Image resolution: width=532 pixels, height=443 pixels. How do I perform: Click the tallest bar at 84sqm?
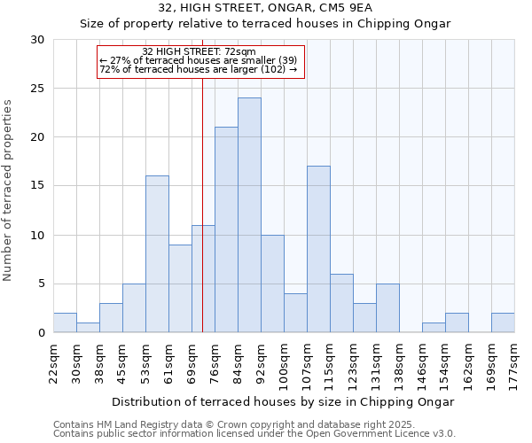click(x=249, y=215)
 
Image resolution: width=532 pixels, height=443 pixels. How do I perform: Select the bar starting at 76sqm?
click(x=226, y=229)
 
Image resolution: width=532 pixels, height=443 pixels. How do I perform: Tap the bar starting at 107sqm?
click(x=318, y=249)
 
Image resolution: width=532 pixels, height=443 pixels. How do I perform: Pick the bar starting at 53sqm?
click(x=157, y=254)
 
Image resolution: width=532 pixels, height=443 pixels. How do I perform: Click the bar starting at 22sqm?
click(x=65, y=323)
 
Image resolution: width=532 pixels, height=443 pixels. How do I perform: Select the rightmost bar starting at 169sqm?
click(x=503, y=323)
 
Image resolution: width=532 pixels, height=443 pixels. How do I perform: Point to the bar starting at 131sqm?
click(x=387, y=308)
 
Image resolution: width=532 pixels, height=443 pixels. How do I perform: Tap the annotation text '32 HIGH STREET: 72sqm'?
click(x=199, y=52)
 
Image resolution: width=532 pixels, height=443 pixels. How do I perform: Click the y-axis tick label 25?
click(x=38, y=89)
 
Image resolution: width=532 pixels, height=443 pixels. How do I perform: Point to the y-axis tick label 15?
click(x=38, y=186)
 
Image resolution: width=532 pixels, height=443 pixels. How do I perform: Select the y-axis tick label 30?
click(x=38, y=40)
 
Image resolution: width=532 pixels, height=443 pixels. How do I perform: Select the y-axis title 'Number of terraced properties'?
click(x=9, y=190)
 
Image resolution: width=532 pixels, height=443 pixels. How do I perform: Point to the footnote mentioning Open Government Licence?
click(x=254, y=433)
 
